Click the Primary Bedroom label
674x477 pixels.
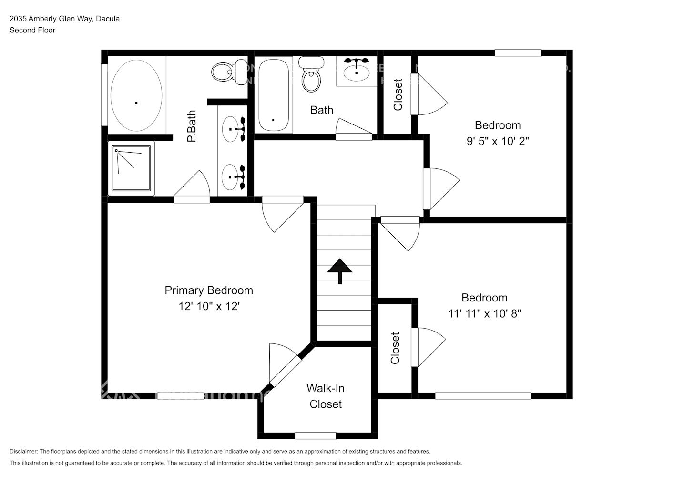coord(209,290)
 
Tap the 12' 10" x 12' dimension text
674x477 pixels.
coord(209,306)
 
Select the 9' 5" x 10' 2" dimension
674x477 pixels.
coord(498,141)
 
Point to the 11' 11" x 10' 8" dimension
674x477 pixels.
coord(484,313)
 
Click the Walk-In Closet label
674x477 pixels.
coord(326,396)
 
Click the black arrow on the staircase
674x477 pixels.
coord(340,270)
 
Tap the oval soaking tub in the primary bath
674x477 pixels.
coord(136,95)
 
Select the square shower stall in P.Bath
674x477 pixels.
coord(132,168)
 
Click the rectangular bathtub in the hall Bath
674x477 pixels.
coord(274,95)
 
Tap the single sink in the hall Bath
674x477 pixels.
coord(357,72)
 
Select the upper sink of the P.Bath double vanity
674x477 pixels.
coord(232,129)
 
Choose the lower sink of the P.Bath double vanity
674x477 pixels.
coord(232,177)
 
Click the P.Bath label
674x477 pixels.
coord(192,126)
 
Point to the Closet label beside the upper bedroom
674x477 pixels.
coord(398,95)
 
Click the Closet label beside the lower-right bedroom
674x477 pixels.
coord(395,348)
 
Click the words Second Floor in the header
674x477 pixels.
coord(32,30)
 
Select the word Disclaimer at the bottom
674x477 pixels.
coord(23,451)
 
